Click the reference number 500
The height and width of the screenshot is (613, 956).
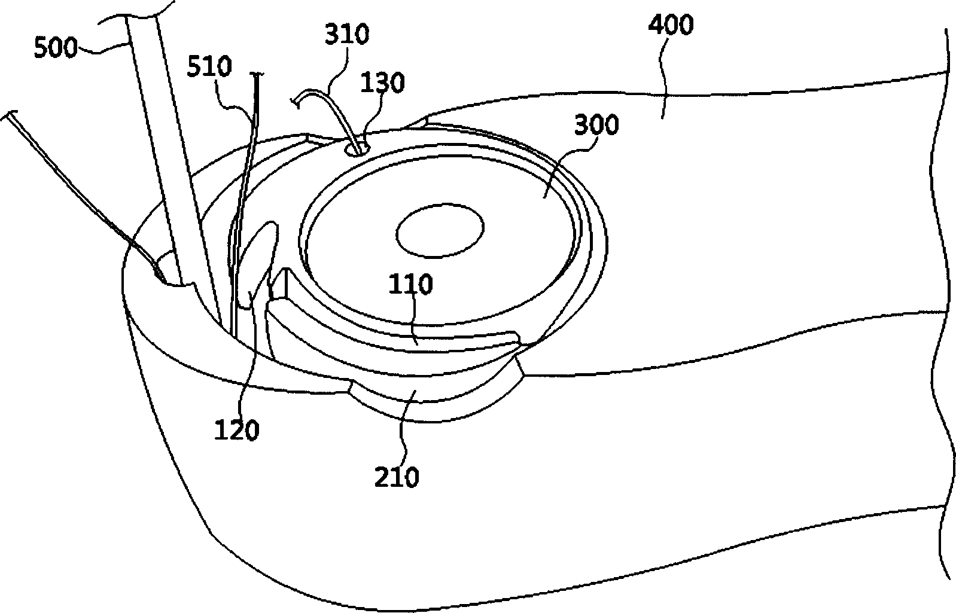click(x=56, y=47)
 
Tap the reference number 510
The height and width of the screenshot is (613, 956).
click(x=209, y=67)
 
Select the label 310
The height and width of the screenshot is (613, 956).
click(x=347, y=34)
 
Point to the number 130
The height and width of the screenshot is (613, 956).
click(x=382, y=83)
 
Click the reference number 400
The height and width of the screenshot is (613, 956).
click(x=671, y=25)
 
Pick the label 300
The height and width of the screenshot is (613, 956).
click(x=596, y=125)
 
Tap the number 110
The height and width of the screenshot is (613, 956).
click(x=410, y=284)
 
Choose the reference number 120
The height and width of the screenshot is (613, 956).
click(x=236, y=430)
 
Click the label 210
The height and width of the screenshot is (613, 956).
click(x=397, y=477)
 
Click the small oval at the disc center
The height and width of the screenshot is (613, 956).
click(x=440, y=230)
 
